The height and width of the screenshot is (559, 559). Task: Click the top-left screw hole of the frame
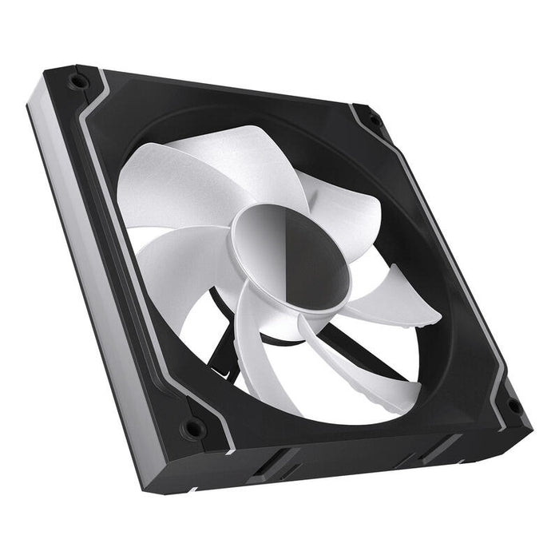(x=77, y=81)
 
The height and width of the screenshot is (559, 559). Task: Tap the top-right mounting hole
(x=374, y=120)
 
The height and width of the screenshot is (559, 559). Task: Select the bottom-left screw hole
(x=192, y=429)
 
